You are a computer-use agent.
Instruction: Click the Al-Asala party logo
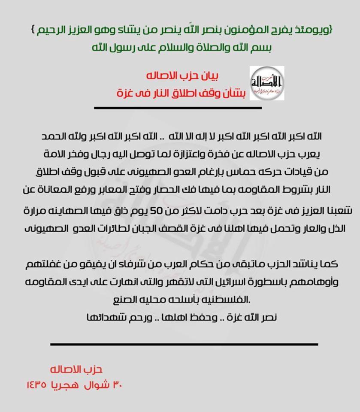click(x=267, y=83)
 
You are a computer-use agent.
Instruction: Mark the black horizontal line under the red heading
click(x=178, y=108)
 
